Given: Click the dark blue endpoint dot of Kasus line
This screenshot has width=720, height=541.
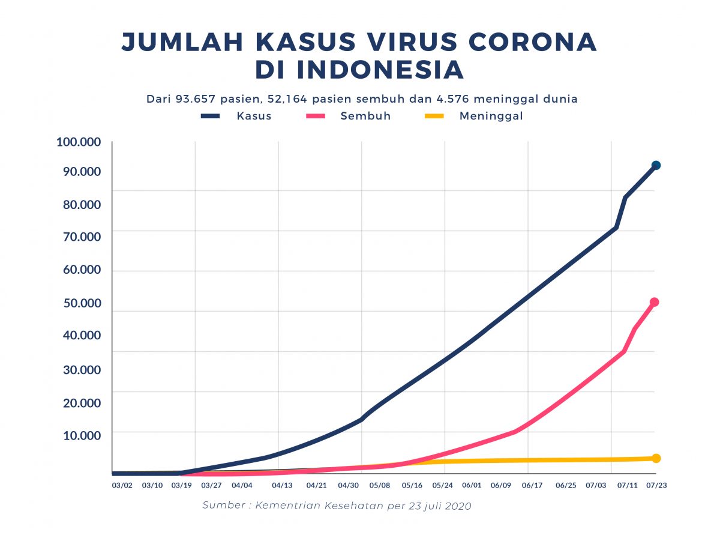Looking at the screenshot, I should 656,165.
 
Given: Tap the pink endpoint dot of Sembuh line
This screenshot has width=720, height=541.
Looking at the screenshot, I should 655,302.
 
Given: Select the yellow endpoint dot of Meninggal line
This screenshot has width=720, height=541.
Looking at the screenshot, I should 656,458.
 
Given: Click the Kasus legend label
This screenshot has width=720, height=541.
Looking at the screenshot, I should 254,116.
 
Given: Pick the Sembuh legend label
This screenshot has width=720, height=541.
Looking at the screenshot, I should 365,116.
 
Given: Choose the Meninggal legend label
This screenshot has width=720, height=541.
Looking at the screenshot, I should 491,116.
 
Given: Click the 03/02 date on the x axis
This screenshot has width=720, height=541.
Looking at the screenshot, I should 122,485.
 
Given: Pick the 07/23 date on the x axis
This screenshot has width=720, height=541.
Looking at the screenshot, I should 656,485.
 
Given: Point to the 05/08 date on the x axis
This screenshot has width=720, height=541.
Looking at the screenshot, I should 380,485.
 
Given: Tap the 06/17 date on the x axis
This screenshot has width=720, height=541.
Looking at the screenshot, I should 532,485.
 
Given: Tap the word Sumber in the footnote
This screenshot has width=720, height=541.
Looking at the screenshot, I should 223,506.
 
